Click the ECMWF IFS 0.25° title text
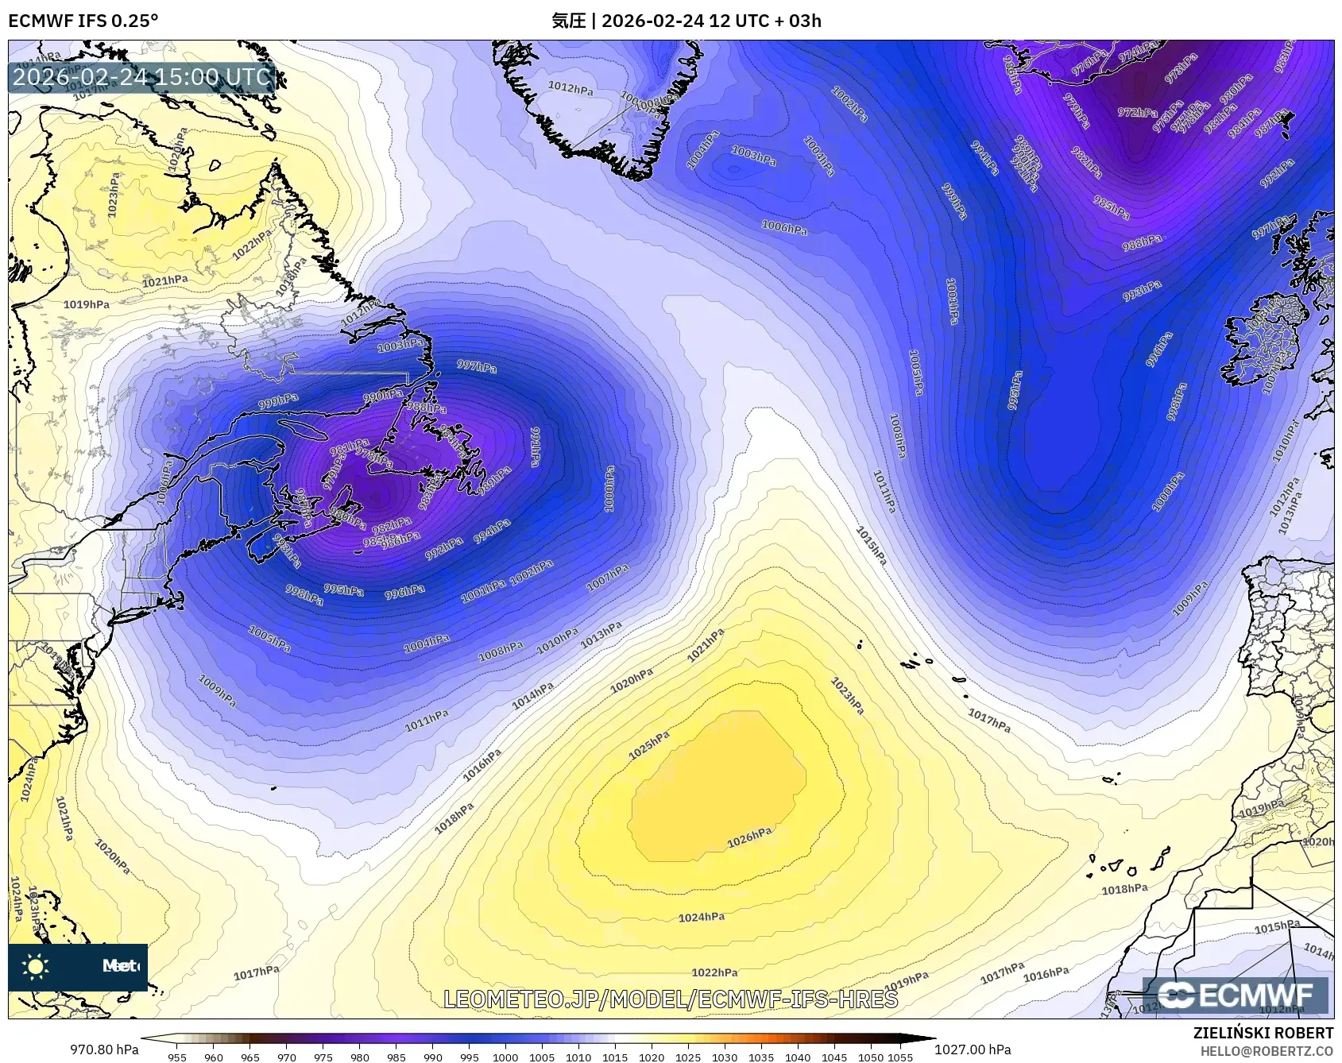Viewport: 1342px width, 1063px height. [x=83, y=21]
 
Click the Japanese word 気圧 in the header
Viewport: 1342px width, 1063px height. [x=568, y=21]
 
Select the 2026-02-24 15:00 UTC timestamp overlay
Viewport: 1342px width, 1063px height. [x=141, y=77]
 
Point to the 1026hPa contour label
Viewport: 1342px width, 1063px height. [x=749, y=837]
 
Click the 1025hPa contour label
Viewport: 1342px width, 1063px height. [x=649, y=745]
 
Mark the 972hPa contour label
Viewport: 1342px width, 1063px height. [x=1137, y=113]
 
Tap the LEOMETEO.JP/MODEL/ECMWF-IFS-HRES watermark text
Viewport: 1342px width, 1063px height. [x=671, y=999]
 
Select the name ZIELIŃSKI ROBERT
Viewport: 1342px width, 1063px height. [x=1263, y=1033]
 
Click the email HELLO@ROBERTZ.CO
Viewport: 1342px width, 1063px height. [x=1267, y=1051]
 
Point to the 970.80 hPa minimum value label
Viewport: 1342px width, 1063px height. [x=104, y=1049]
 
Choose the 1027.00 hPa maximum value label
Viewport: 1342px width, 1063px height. [x=973, y=1049]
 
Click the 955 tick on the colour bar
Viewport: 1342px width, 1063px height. [x=177, y=1057]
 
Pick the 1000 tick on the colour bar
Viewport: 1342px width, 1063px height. [x=505, y=1057]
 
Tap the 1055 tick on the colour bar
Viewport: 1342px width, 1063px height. [x=900, y=1057]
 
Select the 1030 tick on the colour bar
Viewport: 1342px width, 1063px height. [x=725, y=1057]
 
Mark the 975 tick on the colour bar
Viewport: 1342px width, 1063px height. [x=323, y=1057]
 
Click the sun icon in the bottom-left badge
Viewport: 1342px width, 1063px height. [x=36, y=966]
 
